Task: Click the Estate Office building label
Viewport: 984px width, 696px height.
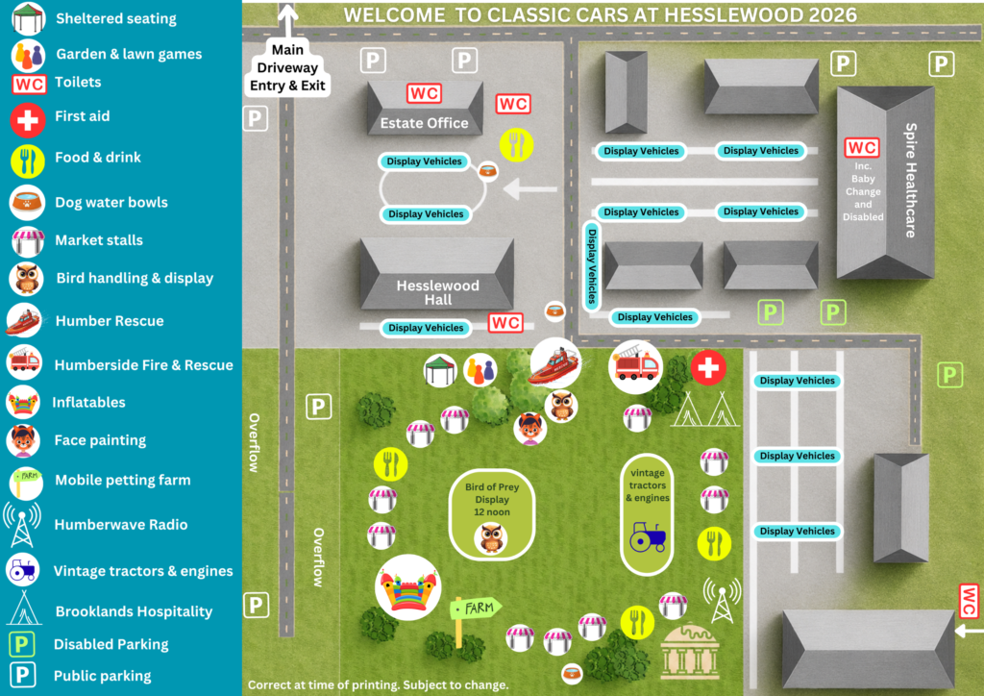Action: (424, 123)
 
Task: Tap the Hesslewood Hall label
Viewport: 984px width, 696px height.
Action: (437, 292)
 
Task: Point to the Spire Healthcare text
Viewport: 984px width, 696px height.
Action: (911, 180)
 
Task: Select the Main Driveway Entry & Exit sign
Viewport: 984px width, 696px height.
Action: (287, 68)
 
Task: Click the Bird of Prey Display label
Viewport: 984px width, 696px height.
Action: (492, 500)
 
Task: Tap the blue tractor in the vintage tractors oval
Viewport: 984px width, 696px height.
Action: (648, 536)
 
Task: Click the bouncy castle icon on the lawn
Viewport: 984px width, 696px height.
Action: (407, 588)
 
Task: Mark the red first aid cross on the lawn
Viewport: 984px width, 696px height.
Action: (708, 368)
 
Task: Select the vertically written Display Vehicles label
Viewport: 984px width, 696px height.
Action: (591, 265)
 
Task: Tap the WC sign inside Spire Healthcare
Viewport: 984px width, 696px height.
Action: (862, 147)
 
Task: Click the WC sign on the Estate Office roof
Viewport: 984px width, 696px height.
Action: (424, 93)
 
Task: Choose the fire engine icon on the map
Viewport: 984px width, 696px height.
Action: (635, 367)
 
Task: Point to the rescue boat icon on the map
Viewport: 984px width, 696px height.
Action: (555, 363)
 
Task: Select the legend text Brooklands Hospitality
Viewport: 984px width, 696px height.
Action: (134, 611)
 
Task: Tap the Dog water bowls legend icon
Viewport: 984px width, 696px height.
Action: (27, 202)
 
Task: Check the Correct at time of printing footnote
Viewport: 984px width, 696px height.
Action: (378, 684)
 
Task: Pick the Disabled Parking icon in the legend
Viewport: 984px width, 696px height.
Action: (21, 644)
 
